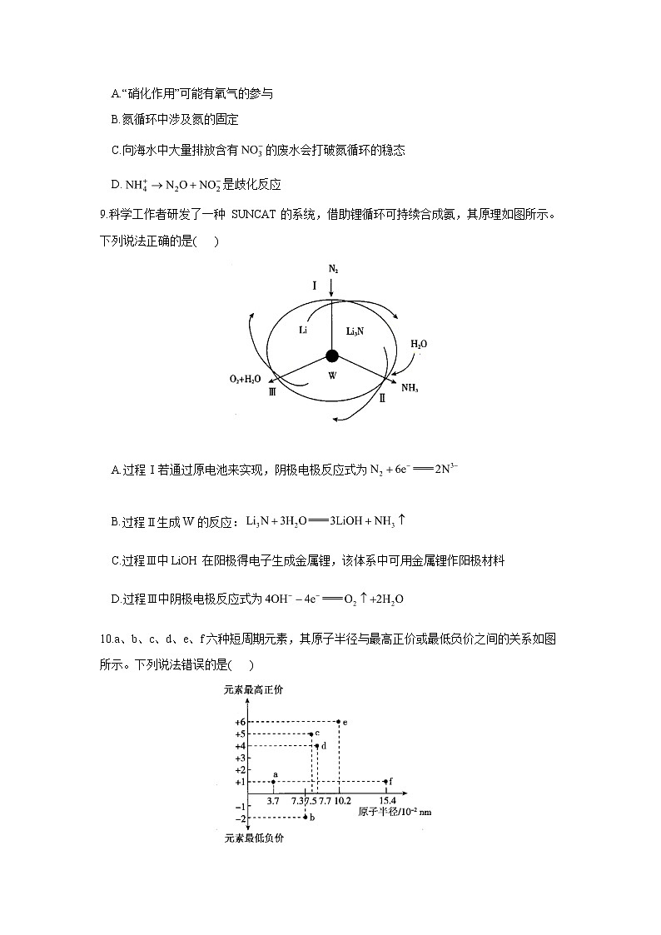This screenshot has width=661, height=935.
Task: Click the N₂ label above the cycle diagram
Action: pyautogui.click(x=332, y=270)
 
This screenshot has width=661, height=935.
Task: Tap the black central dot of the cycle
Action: pyautogui.click(x=332, y=356)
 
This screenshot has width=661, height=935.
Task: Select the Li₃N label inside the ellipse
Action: pyautogui.click(x=355, y=331)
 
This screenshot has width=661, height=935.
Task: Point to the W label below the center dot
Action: pyautogui.click(x=332, y=376)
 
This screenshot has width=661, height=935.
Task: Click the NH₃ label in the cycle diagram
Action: pyautogui.click(x=410, y=387)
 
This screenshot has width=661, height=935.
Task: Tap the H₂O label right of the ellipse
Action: pyautogui.click(x=419, y=343)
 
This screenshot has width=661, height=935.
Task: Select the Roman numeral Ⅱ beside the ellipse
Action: pyautogui.click(x=382, y=398)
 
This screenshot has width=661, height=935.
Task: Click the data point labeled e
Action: pyautogui.click(x=338, y=721)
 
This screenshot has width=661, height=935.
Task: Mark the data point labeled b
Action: pyautogui.click(x=306, y=818)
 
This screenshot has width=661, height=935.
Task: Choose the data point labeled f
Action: pyautogui.click(x=386, y=782)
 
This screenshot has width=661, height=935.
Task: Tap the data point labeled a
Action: pyautogui.click(x=273, y=782)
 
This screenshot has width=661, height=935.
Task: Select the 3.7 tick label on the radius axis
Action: pyautogui.click(x=273, y=800)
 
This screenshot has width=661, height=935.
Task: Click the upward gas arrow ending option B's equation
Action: pyautogui.click(x=401, y=520)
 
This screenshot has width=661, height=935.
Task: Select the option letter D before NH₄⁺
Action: pyautogui.click(x=115, y=184)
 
